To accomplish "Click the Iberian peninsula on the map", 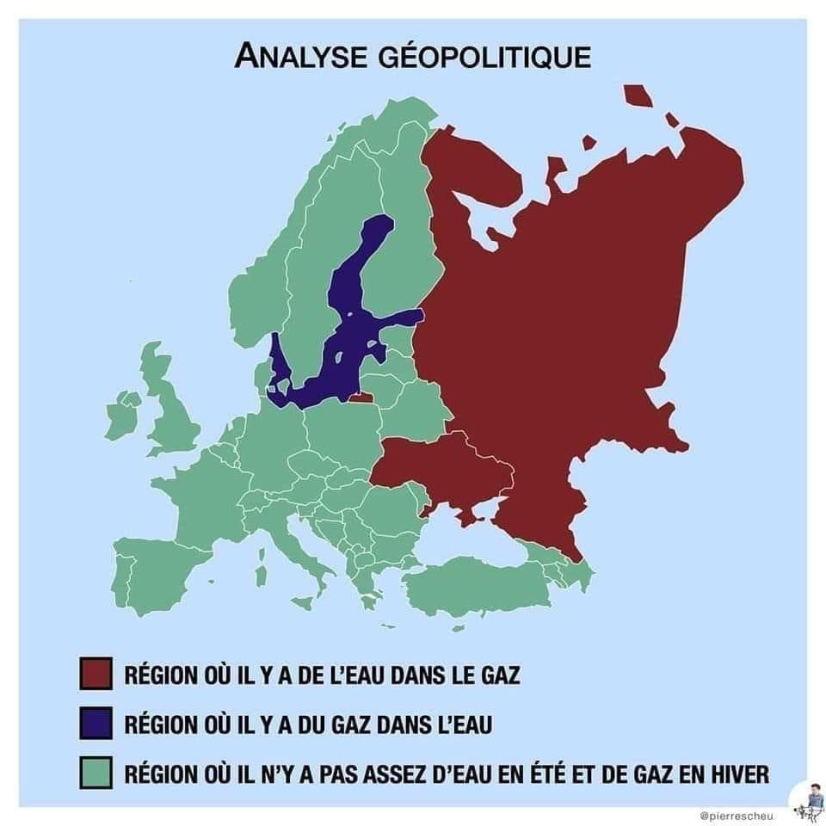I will point(155,568).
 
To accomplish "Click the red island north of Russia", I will point(637,94).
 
